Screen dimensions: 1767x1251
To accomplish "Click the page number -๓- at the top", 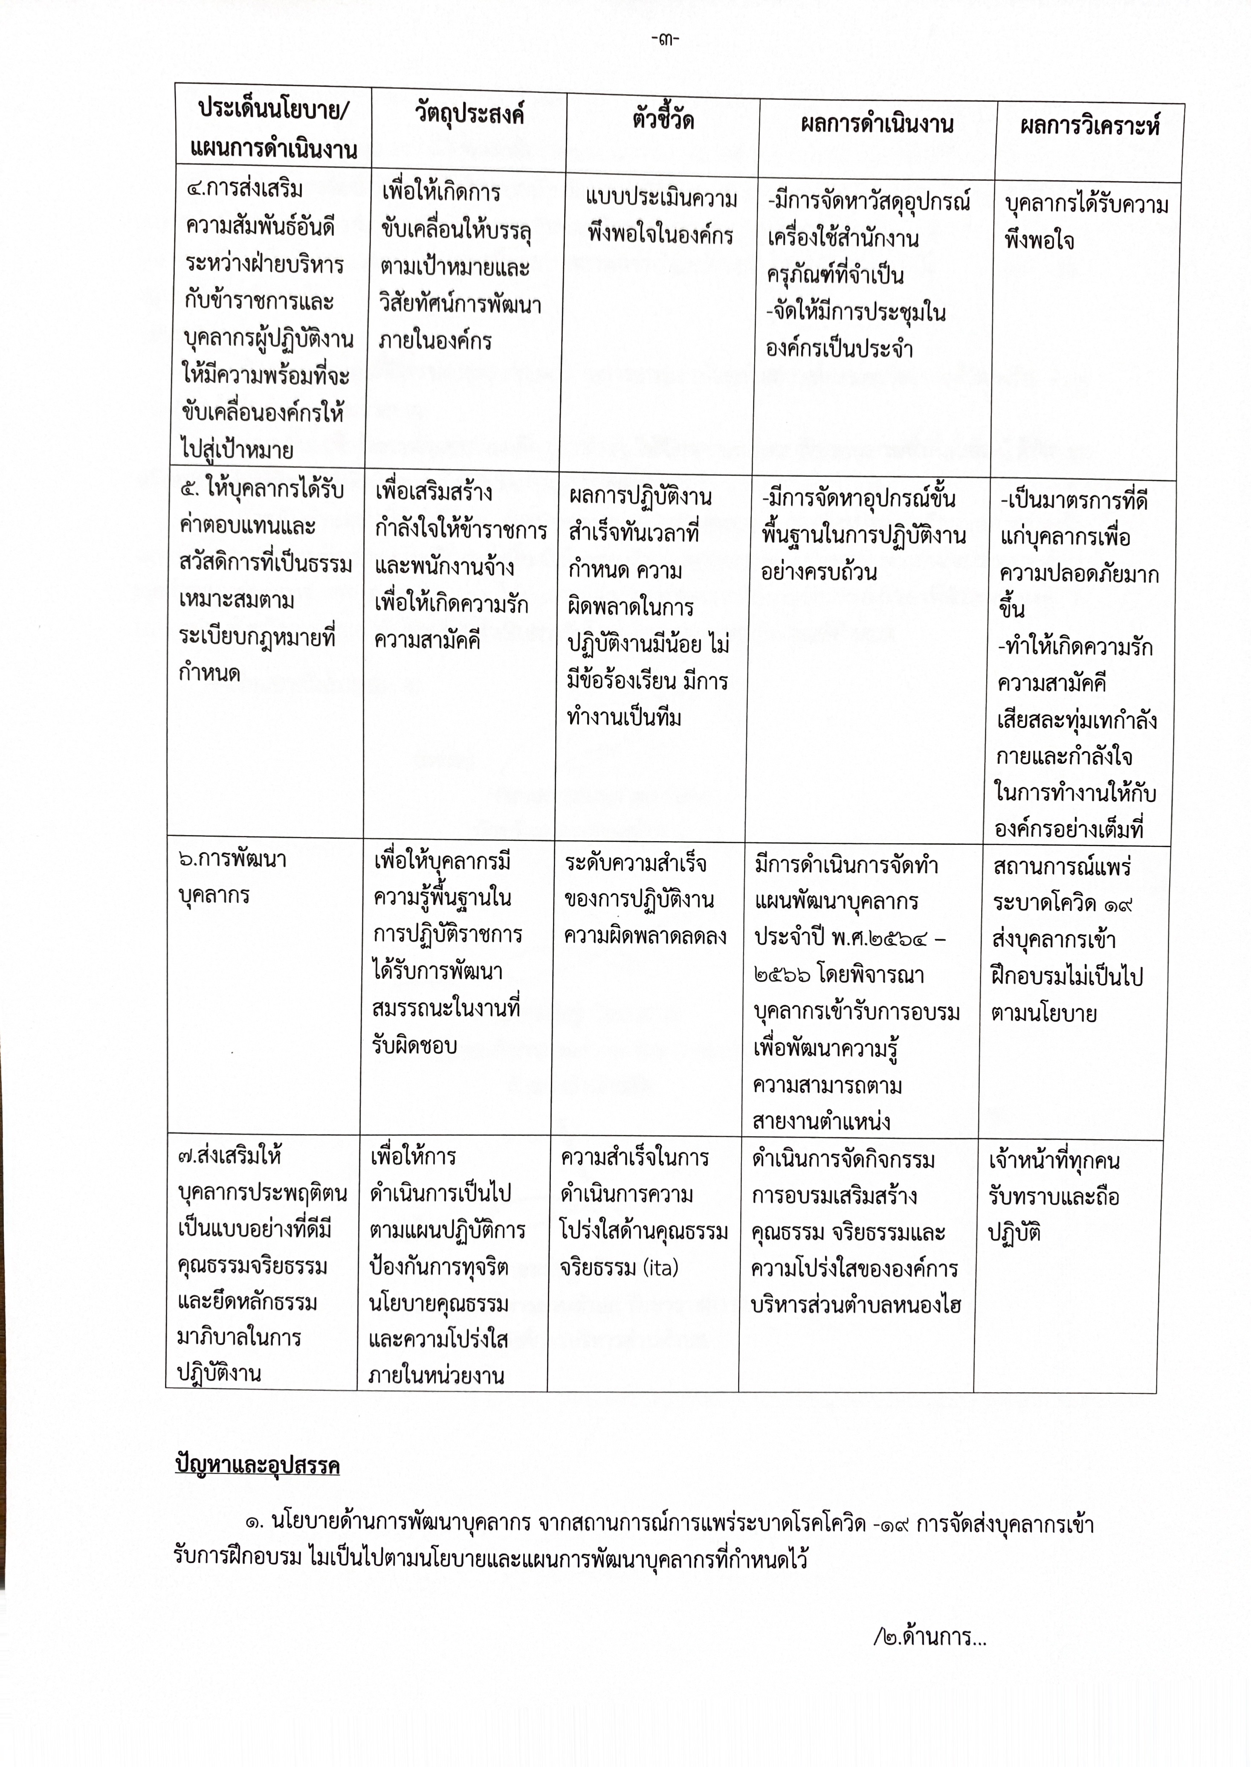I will coord(664,39).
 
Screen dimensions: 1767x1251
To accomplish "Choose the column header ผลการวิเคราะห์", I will coord(1089,126).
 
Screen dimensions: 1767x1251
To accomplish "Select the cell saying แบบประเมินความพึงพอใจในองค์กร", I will coord(660,218).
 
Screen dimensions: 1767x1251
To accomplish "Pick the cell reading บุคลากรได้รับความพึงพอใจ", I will coord(1086,222).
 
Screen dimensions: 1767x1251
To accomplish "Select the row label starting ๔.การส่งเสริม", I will coord(245,189).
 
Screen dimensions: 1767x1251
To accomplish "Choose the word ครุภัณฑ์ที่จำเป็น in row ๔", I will coord(835,275).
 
